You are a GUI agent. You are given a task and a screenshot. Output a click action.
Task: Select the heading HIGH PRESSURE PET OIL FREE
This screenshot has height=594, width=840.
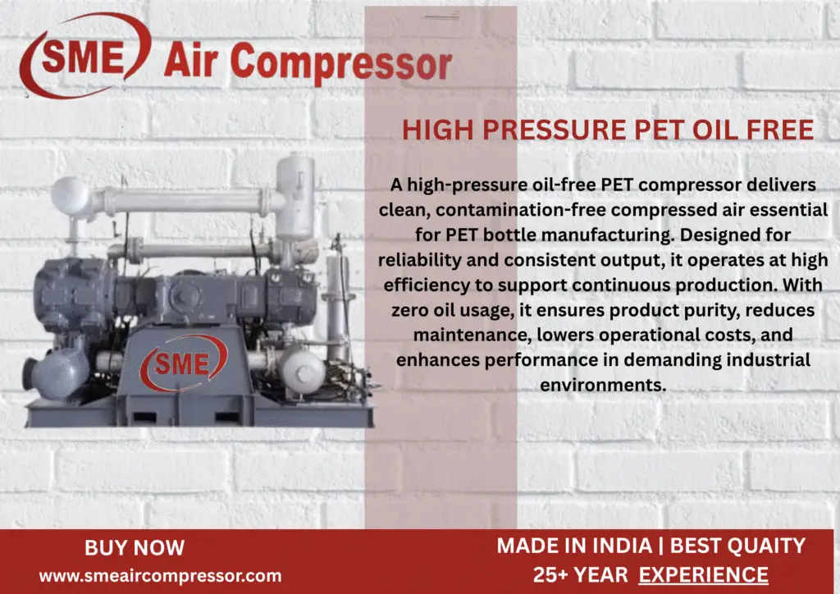[x=608, y=130]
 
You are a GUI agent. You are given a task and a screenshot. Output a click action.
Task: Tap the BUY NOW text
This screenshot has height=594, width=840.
[x=135, y=547]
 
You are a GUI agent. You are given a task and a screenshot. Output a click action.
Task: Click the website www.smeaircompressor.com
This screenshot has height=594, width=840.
[x=160, y=576]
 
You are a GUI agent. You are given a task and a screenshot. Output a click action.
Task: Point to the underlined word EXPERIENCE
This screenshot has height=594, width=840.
[x=704, y=575]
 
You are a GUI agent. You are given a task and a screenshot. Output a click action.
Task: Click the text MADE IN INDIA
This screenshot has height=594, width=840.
[x=560, y=546]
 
